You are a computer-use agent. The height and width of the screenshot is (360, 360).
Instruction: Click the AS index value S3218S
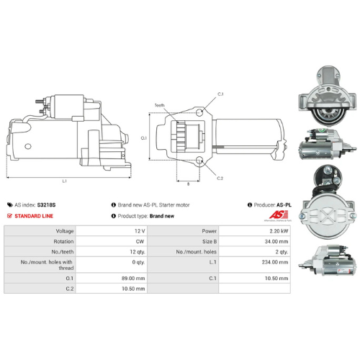click(47, 204)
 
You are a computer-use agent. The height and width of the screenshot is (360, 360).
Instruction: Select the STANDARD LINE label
click(34, 215)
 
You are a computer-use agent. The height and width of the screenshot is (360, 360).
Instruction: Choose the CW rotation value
click(140, 241)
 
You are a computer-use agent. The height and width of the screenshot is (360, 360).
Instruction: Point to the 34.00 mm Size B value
click(277, 241)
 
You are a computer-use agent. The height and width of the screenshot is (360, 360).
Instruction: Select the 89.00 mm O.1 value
click(135, 276)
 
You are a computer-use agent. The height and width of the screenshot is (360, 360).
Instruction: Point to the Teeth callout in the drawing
click(159, 105)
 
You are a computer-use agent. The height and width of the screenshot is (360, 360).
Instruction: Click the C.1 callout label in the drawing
click(220, 94)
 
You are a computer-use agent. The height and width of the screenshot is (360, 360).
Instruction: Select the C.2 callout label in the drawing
click(220, 178)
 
